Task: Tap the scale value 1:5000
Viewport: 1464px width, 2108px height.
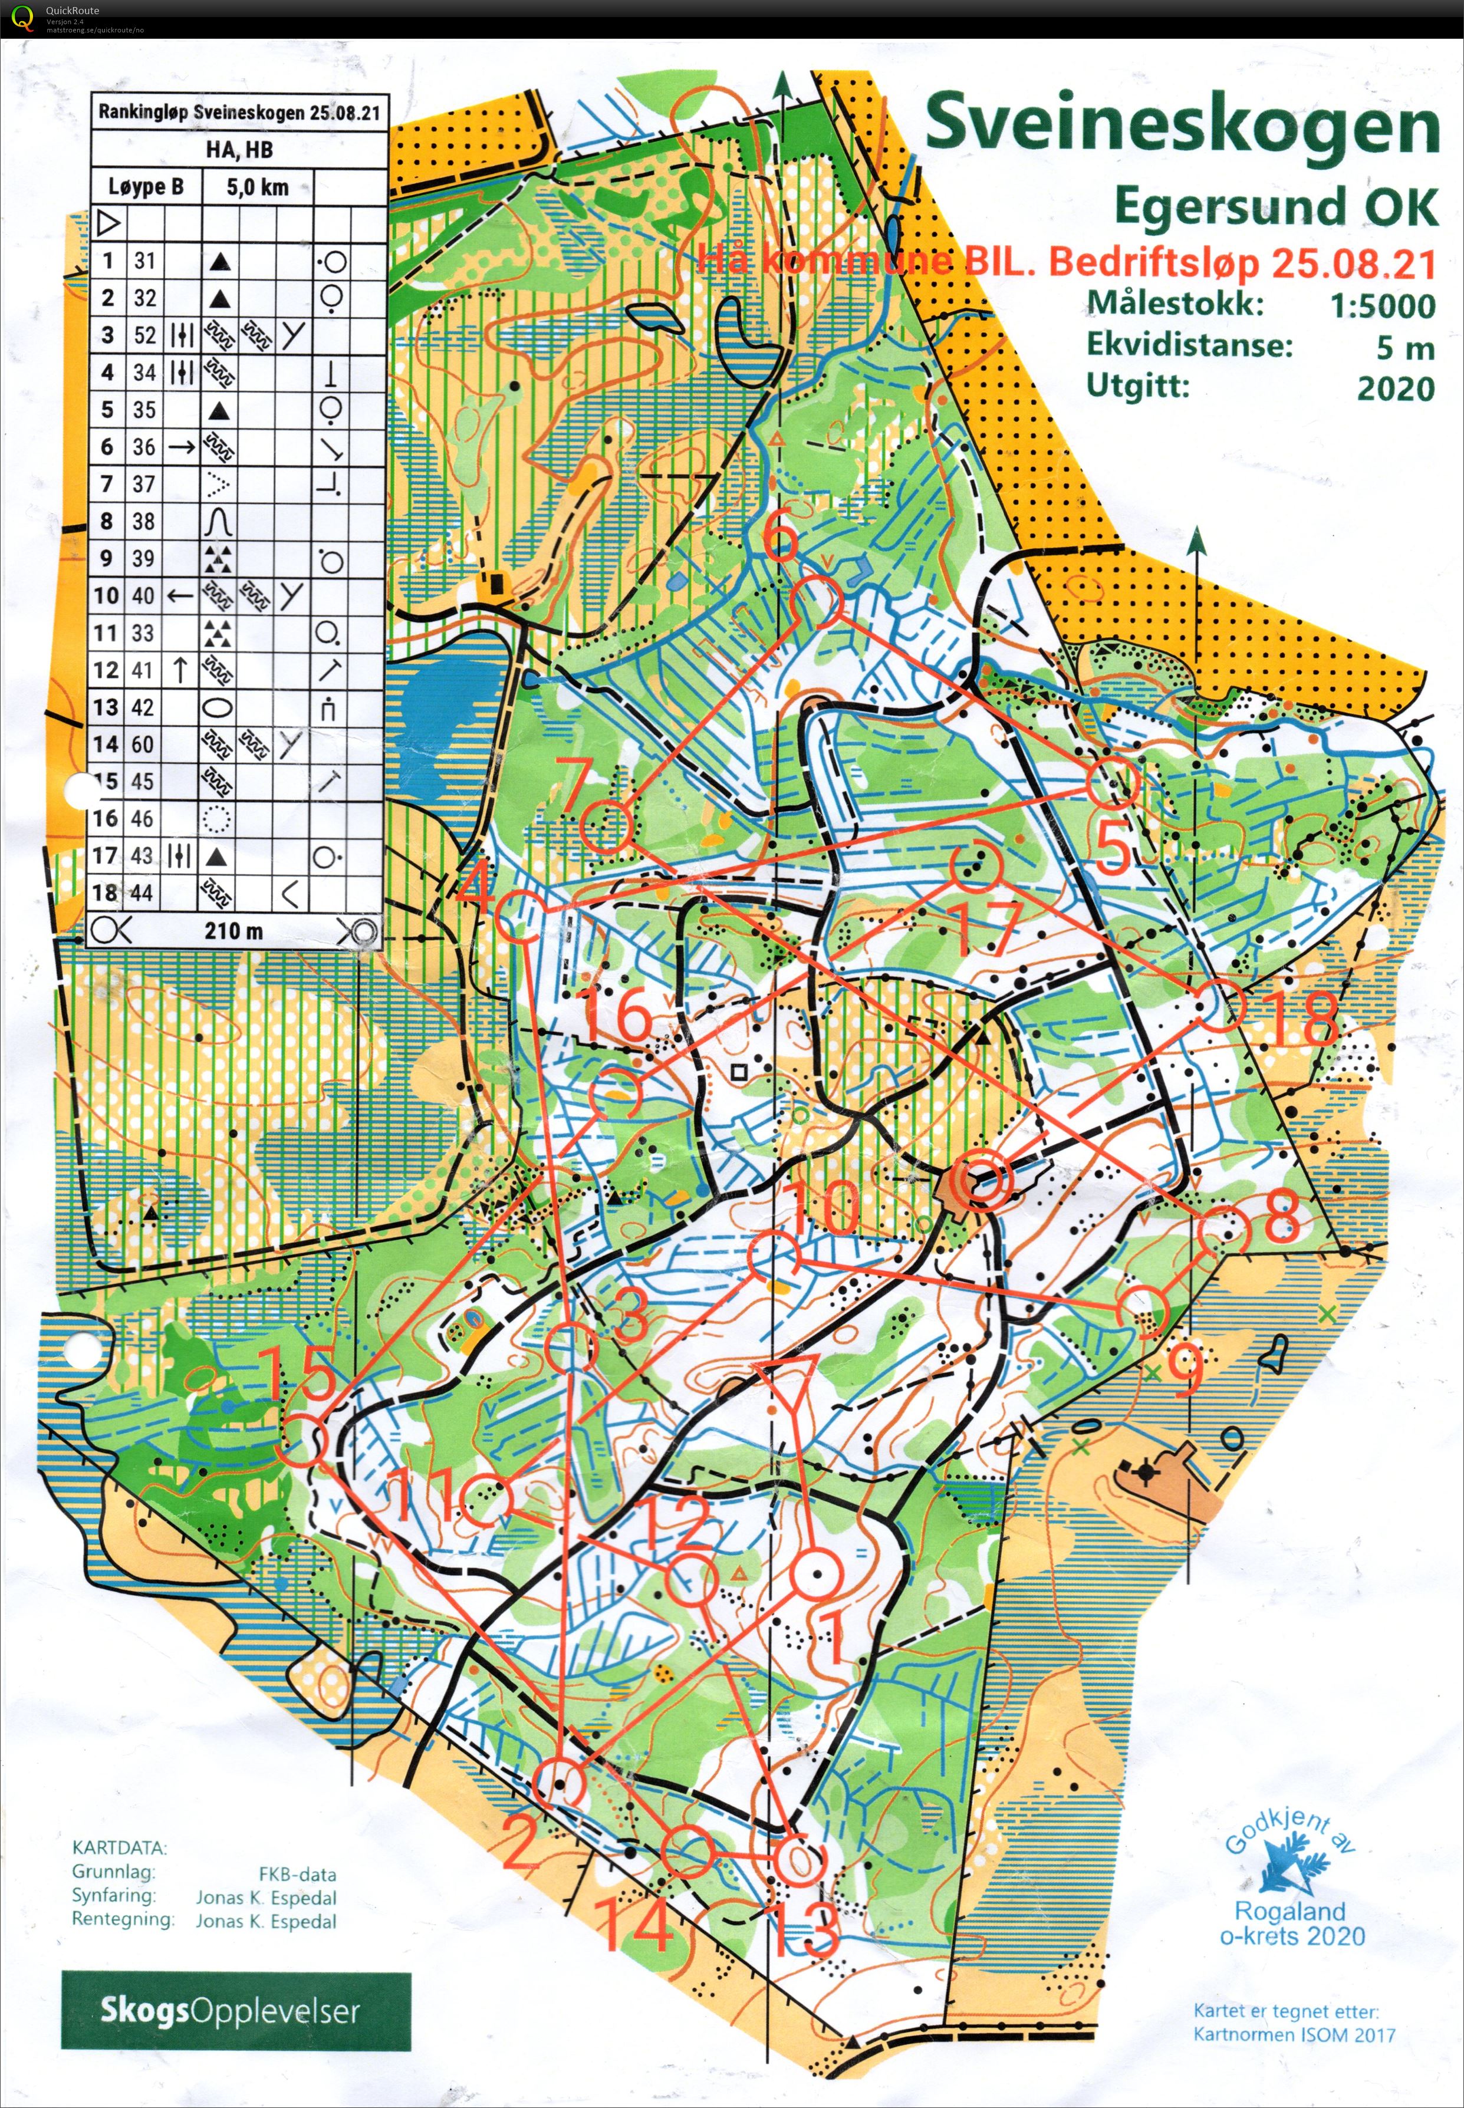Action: [x=1381, y=305]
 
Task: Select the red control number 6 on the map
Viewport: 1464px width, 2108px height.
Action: [x=781, y=540]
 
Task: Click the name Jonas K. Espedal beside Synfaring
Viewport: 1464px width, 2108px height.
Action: [x=266, y=1897]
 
